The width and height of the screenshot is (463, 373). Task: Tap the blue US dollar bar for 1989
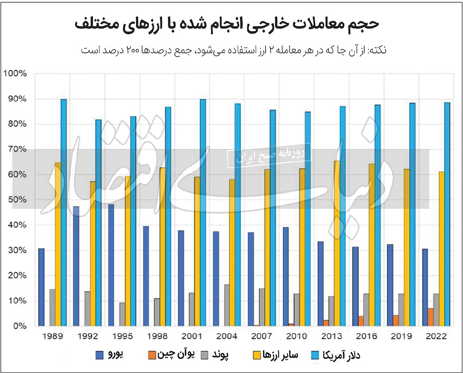[x=64, y=212]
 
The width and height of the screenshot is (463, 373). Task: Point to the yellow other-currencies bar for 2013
[x=336, y=243]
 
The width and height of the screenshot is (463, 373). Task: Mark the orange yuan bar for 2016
[x=361, y=321]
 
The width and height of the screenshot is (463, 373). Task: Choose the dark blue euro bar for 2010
[x=286, y=276]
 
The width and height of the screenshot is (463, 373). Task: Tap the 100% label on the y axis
[x=14, y=73]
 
